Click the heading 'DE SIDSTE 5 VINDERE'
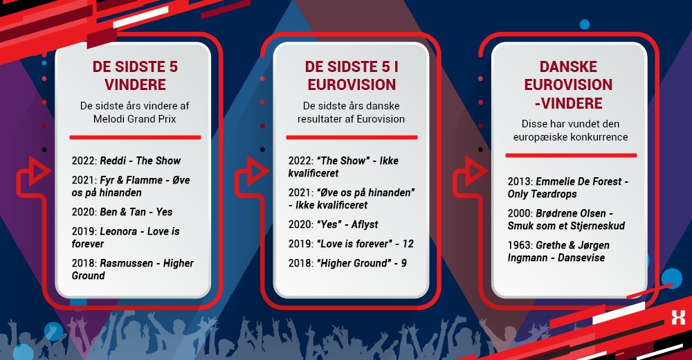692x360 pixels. (135, 76)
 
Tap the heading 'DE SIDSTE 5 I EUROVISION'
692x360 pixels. (351, 76)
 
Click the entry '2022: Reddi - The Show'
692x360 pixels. (126, 161)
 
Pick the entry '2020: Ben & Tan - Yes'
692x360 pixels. (122, 212)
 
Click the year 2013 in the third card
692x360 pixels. (518, 181)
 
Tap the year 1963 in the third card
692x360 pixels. (518, 245)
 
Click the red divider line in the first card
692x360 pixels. (135, 137)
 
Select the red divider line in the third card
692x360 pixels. (569, 156)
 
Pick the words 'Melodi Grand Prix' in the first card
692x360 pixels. (135, 118)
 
